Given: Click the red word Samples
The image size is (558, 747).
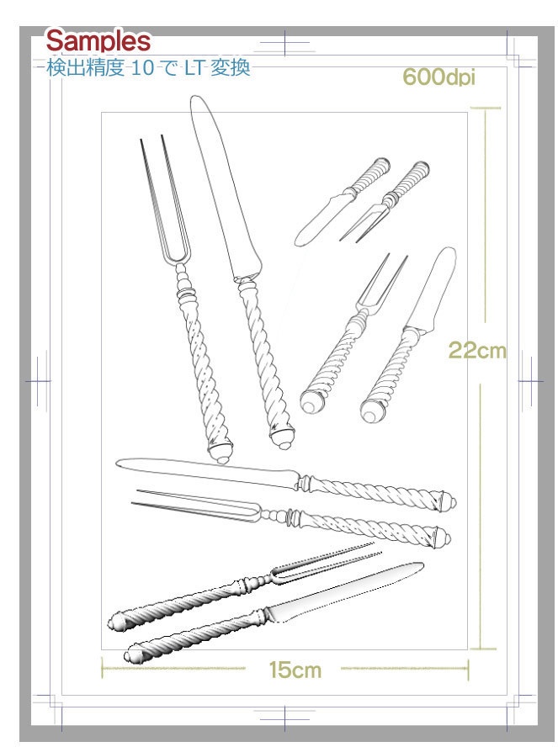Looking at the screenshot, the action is (98, 41).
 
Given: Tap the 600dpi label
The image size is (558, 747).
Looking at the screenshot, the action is (438, 77).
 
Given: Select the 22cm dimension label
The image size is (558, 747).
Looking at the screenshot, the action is (477, 351).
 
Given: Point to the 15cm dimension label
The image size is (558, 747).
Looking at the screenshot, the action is (295, 670).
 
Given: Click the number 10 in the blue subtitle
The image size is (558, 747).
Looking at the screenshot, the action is (142, 67).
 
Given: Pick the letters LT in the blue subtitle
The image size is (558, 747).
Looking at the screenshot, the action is (194, 67).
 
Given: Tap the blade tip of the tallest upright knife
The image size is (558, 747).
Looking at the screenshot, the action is (195, 98).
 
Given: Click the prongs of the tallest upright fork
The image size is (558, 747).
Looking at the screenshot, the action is (164, 200).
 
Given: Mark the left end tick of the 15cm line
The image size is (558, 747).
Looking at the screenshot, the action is (103, 668).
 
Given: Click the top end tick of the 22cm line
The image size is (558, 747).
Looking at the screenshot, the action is (486, 109).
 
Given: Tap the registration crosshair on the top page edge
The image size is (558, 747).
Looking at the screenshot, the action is (285, 43).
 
